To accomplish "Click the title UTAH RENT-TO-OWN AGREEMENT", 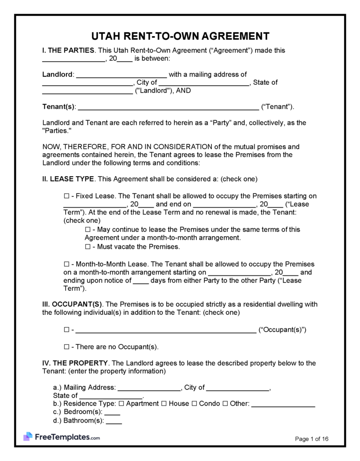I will pos(180,37).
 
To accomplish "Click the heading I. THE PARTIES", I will pos(68,50).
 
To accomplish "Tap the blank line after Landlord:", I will pos(121,75).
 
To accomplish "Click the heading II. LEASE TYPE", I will pos(68,179).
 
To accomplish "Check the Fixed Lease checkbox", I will pos(66,196).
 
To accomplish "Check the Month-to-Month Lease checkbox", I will pos(66,264).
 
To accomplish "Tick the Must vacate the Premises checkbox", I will pos(88,247).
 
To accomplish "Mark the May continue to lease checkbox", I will pos(88,230).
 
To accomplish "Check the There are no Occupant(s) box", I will pos(66,347).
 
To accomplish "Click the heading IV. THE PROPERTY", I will pos(75,363).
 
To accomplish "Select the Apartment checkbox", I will pos(121,403).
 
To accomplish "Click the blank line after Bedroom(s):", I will pos(112,413).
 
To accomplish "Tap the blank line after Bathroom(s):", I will pos(114,422).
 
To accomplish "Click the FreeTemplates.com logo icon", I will pos(28,437).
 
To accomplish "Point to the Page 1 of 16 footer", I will pos(312,439).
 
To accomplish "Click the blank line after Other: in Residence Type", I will pos(283,404).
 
